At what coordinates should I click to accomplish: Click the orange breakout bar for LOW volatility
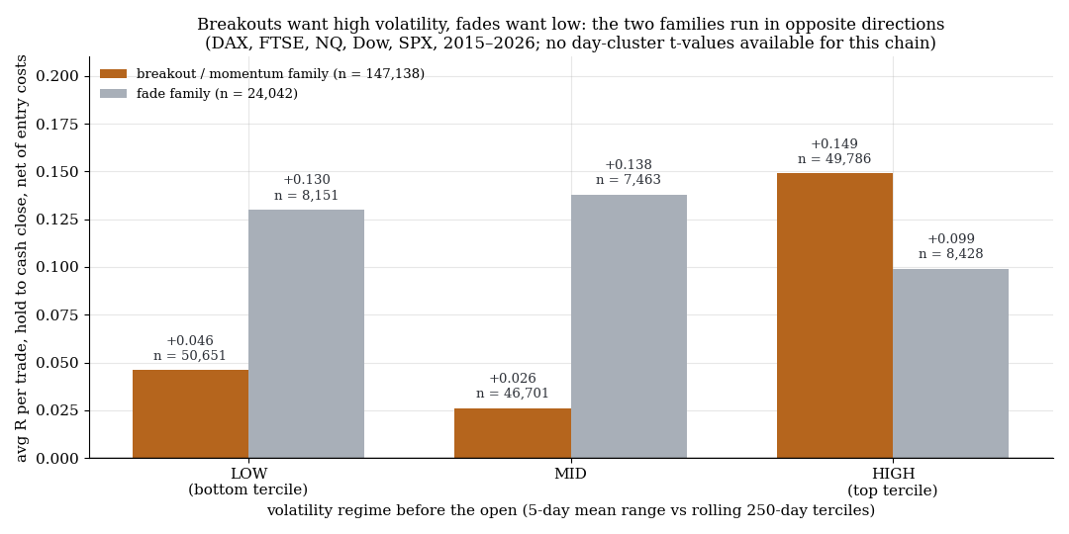(191, 414)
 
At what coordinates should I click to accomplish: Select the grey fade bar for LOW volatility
(306, 334)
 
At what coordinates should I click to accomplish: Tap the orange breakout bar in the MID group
(513, 433)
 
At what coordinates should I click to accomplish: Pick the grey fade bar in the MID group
(629, 326)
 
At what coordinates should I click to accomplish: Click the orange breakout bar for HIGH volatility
(835, 315)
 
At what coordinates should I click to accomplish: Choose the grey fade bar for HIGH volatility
(950, 364)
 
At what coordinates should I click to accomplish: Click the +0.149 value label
(834, 144)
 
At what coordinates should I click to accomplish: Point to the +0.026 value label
(513, 379)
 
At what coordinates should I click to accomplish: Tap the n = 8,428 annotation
(951, 254)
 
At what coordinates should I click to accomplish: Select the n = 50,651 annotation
(189, 356)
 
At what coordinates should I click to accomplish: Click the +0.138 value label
(629, 165)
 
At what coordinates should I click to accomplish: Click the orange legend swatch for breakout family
(113, 73)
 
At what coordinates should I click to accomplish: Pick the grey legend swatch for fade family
(113, 93)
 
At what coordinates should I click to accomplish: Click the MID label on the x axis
(571, 474)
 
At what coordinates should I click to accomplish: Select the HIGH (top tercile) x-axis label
(893, 482)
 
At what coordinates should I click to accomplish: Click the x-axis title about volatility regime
(571, 510)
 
